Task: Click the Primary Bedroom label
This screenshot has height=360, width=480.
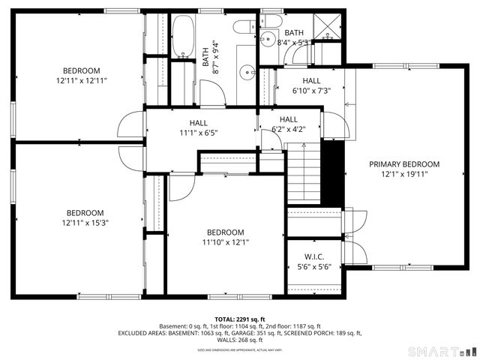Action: point(403,164)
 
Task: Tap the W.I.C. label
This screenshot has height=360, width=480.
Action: point(314,256)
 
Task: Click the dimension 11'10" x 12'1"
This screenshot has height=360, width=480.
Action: point(225,242)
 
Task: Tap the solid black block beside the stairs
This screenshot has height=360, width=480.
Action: point(333,172)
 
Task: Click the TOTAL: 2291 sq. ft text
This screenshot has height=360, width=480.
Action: point(240,319)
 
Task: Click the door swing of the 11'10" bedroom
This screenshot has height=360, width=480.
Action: point(181,187)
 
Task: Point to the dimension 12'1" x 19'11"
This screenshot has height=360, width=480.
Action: point(403,174)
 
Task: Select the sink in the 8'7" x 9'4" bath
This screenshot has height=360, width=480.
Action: point(247,73)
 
